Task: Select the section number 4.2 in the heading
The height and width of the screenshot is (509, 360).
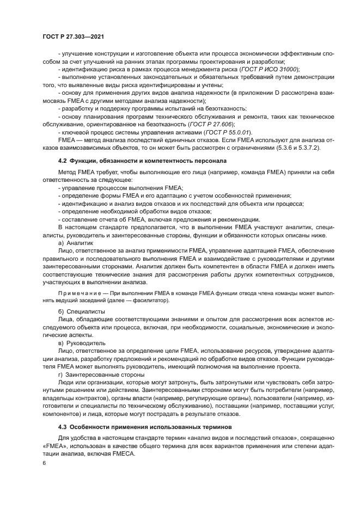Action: tap(63, 161)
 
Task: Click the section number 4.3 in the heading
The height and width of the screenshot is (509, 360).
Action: tap(63, 427)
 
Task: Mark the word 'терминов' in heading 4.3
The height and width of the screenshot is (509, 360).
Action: tap(216, 427)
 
